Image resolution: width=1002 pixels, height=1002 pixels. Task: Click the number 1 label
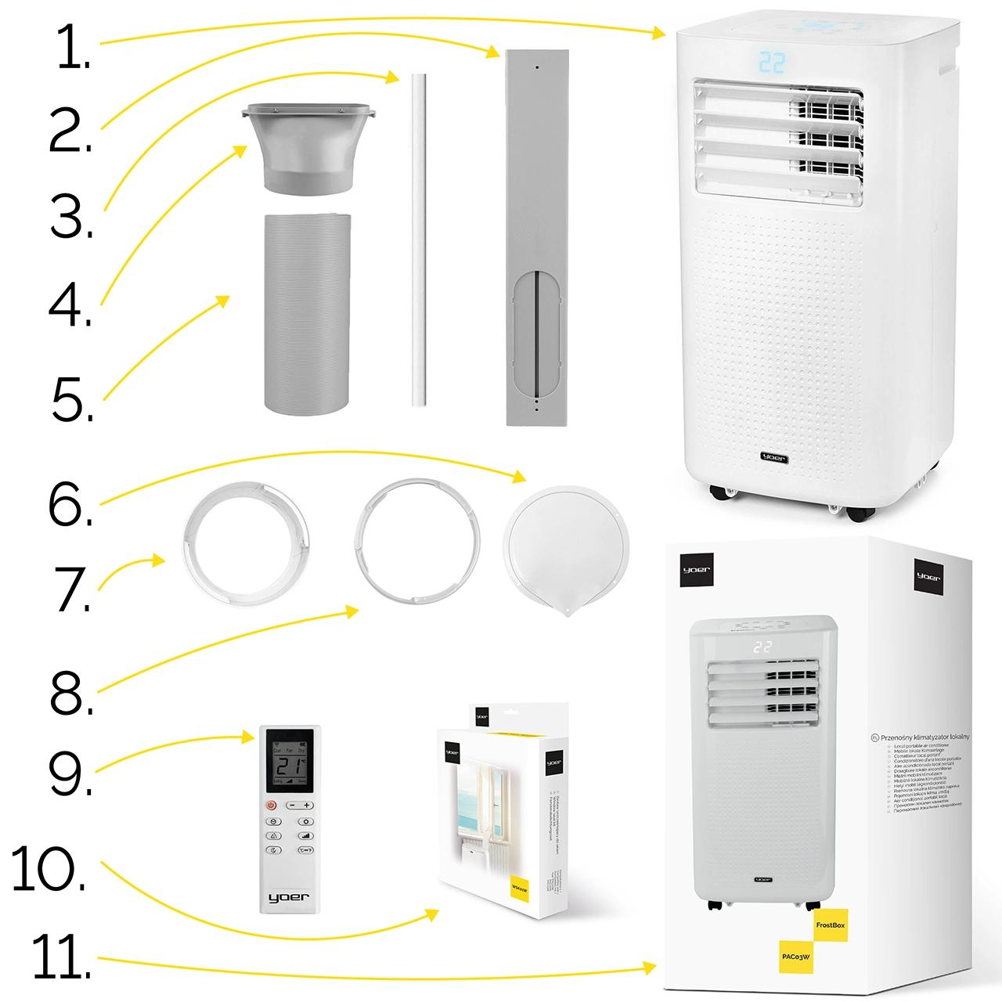click(x=72, y=47)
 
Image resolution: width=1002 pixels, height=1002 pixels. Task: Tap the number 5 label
click(x=72, y=399)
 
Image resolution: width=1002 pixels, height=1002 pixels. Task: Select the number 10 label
click(x=49, y=869)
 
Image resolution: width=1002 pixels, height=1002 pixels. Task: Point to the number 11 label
click(x=61, y=957)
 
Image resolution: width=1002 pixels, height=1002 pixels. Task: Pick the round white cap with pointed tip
click(x=565, y=548)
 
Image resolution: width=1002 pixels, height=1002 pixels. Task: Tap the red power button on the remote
click(x=272, y=805)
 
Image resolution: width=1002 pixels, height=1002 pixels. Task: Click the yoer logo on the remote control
click(x=289, y=897)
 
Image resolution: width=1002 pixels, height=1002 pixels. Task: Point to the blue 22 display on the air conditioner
click(x=771, y=63)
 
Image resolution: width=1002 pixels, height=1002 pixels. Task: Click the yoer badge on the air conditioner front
click(x=773, y=458)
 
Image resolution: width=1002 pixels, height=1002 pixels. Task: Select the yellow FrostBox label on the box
click(x=830, y=925)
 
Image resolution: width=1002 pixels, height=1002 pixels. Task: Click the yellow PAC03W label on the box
click(x=795, y=957)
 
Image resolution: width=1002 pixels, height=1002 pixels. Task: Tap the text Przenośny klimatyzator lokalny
click(x=925, y=737)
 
